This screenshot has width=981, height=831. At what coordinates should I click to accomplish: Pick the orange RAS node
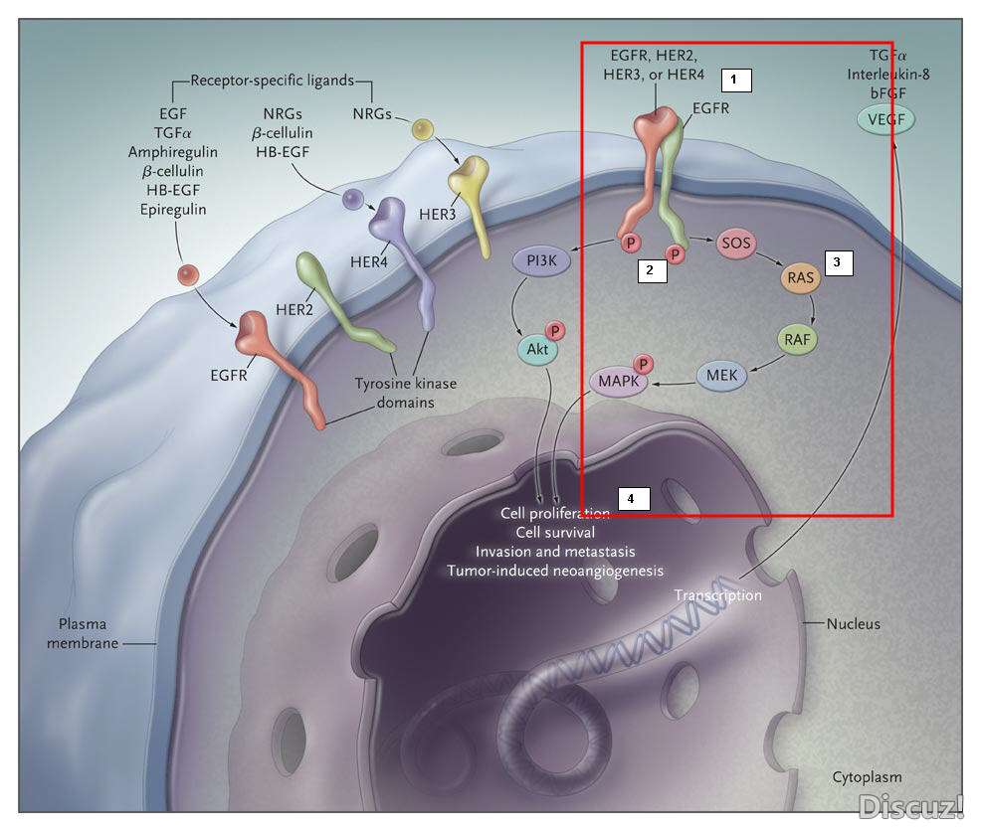pyautogui.click(x=801, y=278)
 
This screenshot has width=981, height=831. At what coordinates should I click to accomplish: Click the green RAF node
pyautogui.click(x=796, y=339)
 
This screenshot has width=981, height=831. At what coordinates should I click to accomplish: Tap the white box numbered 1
pyautogui.click(x=735, y=79)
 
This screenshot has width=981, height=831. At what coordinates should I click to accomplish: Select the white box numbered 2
pyautogui.click(x=651, y=270)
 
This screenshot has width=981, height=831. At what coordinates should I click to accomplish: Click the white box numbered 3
pyautogui.click(x=838, y=263)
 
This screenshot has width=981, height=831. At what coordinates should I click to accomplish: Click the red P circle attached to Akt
pyautogui.click(x=555, y=329)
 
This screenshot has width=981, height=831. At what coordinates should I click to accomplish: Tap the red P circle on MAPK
pyautogui.click(x=644, y=365)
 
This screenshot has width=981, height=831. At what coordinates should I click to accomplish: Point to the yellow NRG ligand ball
pyautogui.click(x=424, y=129)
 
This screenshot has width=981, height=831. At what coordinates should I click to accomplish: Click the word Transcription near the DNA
pyautogui.click(x=717, y=595)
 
